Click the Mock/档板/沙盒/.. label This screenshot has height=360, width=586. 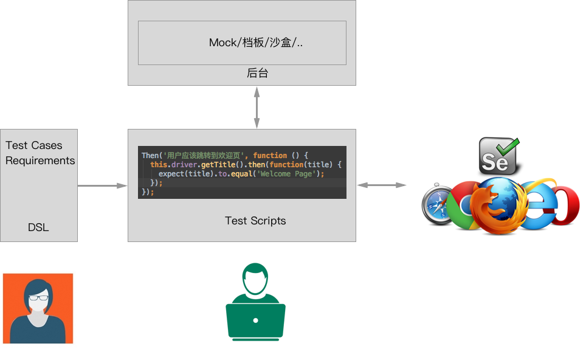(x=256, y=43)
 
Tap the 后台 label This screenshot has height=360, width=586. (x=257, y=74)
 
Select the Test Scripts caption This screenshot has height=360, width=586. (x=255, y=221)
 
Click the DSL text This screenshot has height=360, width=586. (x=38, y=228)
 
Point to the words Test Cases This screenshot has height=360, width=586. (x=34, y=145)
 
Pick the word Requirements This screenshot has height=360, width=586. (x=40, y=161)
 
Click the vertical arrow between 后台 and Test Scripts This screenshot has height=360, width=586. (x=257, y=107)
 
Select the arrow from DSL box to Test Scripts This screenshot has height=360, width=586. (x=102, y=185)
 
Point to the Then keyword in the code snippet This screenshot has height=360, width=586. (x=150, y=156)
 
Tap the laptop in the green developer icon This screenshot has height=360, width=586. (x=256, y=320)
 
